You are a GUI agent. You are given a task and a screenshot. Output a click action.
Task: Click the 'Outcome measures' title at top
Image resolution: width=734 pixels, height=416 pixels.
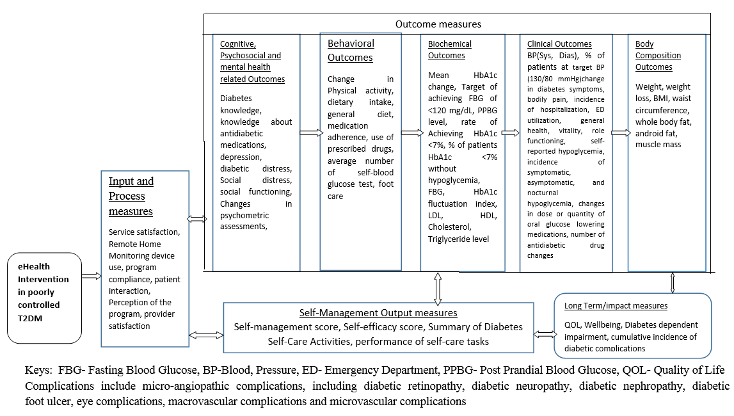click(438, 24)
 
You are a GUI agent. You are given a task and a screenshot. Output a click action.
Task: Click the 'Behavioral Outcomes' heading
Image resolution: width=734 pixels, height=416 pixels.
click(351, 51)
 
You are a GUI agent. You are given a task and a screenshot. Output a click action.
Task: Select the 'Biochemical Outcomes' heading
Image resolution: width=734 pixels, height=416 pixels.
click(449, 50)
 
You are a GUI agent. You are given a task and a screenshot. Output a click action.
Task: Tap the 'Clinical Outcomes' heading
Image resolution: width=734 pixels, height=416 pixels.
click(559, 44)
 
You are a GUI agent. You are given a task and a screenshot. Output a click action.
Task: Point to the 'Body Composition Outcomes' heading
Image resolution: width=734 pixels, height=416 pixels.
click(658, 56)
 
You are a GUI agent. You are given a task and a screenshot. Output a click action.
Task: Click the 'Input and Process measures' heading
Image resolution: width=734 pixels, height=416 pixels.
click(131, 196)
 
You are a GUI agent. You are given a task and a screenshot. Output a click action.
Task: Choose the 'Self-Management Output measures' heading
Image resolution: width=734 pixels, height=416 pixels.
click(378, 313)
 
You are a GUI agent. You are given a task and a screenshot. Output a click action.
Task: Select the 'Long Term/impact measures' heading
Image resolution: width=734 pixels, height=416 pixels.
click(616, 306)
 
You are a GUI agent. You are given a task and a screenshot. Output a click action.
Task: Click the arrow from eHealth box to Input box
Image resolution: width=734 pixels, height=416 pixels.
click(92, 276)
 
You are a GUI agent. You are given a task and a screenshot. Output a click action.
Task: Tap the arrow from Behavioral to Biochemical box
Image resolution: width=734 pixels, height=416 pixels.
click(411, 133)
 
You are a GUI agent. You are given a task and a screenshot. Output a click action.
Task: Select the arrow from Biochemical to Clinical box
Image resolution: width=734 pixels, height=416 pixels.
click(510, 133)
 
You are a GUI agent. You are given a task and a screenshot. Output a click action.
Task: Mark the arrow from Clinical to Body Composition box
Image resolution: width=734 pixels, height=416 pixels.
click(619, 133)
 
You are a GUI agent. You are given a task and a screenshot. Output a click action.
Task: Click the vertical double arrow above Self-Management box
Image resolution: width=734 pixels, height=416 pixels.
click(438, 287)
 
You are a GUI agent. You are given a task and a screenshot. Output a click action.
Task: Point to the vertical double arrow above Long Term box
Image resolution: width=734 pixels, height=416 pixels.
click(672, 282)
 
